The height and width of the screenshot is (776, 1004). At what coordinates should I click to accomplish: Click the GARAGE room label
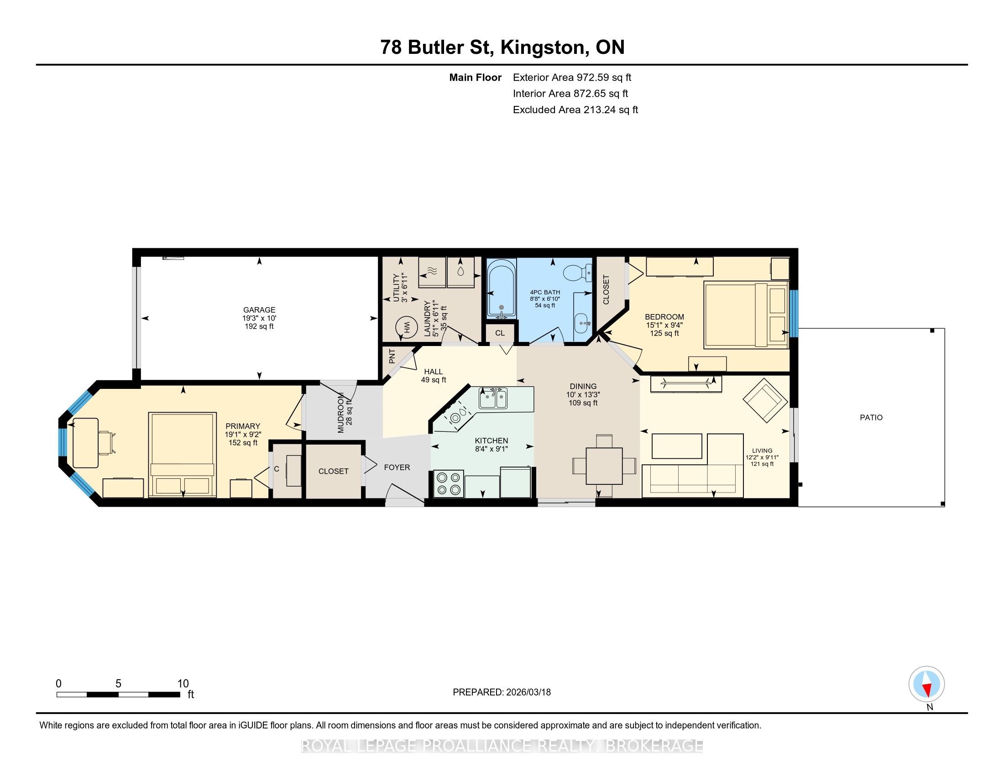pyautogui.click(x=259, y=310)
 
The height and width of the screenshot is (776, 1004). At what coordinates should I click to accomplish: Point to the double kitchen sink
pyautogui.click(x=493, y=398)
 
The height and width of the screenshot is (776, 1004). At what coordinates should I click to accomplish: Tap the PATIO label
pyautogui.click(x=871, y=417)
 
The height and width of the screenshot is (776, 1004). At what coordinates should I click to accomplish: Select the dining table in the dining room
pyautogui.click(x=604, y=466)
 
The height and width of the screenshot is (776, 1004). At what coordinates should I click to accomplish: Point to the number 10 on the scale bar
pyautogui.click(x=183, y=683)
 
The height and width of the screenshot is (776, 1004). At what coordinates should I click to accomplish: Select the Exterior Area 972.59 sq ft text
pyautogui.click(x=572, y=77)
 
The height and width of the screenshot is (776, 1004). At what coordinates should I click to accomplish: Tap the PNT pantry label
pyautogui.click(x=392, y=357)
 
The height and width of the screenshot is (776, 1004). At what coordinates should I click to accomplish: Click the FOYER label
pyautogui.click(x=397, y=467)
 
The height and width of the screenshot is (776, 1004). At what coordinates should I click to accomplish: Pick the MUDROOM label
pyautogui.click(x=340, y=413)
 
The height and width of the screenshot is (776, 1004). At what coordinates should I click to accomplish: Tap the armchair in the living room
pyautogui.click(x=765, y=400)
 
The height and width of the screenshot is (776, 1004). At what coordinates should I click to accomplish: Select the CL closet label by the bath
pyautogui.click(x=500, y=333)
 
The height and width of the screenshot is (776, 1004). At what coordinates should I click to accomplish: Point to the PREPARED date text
pyautogui.click(x=502, y=692)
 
